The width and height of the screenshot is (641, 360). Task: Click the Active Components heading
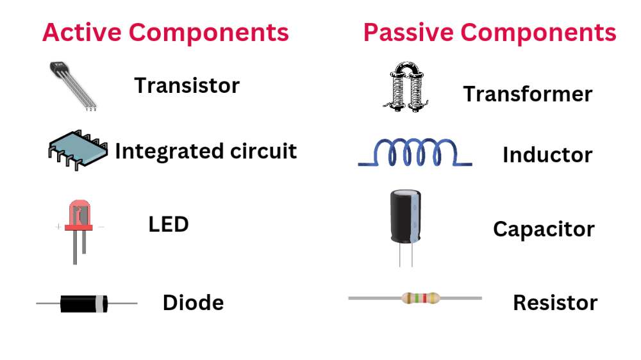pyautogui.click(x=165, y=32)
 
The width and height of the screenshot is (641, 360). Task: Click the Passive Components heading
pyautogui.click(x=490, y=32)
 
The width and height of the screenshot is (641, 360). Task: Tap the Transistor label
pyautogui.click(x=187, y=85)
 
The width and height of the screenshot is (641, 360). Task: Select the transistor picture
pyautogui.click(x=72, y=84)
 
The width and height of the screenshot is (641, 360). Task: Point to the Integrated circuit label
pyautogui.click(x=206, y=151)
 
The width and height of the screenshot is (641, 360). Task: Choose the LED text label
pyautogui.click(x=169, y=225)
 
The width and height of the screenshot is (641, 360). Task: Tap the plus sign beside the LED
pyautogui.click(x=59, y=227)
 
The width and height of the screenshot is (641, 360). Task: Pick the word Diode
pyautogui.click(x=193, y=302)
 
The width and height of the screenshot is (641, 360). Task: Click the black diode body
pyautogui.click(x=81, y=303)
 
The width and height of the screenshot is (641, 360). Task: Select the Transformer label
pyautogui.click(x=528, y=94)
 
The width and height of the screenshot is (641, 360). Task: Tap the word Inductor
pyautogui.click(x=547, y=155)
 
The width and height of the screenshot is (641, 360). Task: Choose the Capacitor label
pyautogui.click(x=544, y=229)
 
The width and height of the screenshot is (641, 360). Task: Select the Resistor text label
pyautogui.click(x=555, y=302)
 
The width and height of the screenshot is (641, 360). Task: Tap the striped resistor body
pyautogui.click(x=421, y=298)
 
